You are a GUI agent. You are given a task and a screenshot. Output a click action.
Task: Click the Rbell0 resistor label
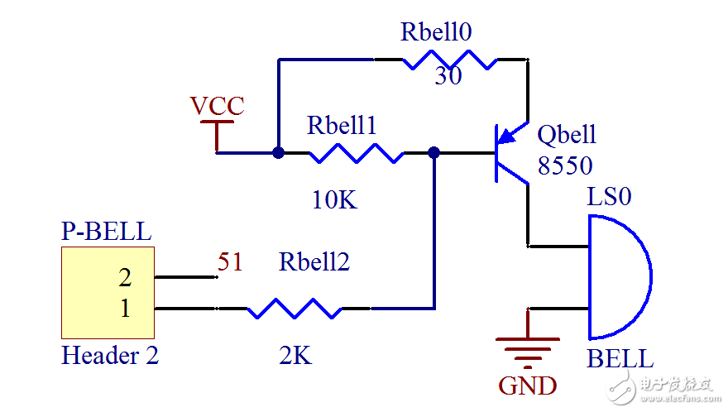pos(436,31)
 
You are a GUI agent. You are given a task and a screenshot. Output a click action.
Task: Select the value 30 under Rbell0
pos(448,77)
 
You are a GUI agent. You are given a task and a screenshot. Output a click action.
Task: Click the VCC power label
pos(217,106)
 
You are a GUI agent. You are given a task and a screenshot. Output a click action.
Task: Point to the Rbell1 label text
pos(342,125)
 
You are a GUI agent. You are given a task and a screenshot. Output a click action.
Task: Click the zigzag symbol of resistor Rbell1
pos(356,153)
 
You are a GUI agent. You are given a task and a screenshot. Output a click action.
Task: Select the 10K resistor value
pos(335,199)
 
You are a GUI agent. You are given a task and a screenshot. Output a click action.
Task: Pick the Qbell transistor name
pos(567,135)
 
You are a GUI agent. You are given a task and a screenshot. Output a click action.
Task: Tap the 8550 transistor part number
pos(565,165)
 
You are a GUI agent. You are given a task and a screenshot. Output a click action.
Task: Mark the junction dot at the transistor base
pos(433,153)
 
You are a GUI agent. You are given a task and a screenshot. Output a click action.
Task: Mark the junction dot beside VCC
pos(278,153)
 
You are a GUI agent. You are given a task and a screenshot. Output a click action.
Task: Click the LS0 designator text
pos(609,197)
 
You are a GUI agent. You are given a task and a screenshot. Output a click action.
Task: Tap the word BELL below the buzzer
pos(620,359)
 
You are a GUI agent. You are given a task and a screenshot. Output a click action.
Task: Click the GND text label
pos(527,386)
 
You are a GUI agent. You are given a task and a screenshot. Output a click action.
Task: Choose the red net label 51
pos(230,262)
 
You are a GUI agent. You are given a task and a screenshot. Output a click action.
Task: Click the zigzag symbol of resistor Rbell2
pos(294,309)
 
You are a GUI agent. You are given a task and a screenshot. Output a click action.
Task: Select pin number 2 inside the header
pos(125,276)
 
